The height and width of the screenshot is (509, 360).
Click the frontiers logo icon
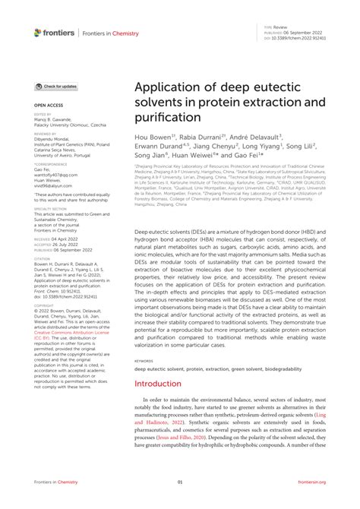(x=39, y=32)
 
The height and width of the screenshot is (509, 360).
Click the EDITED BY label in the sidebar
(x=43, y=115)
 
